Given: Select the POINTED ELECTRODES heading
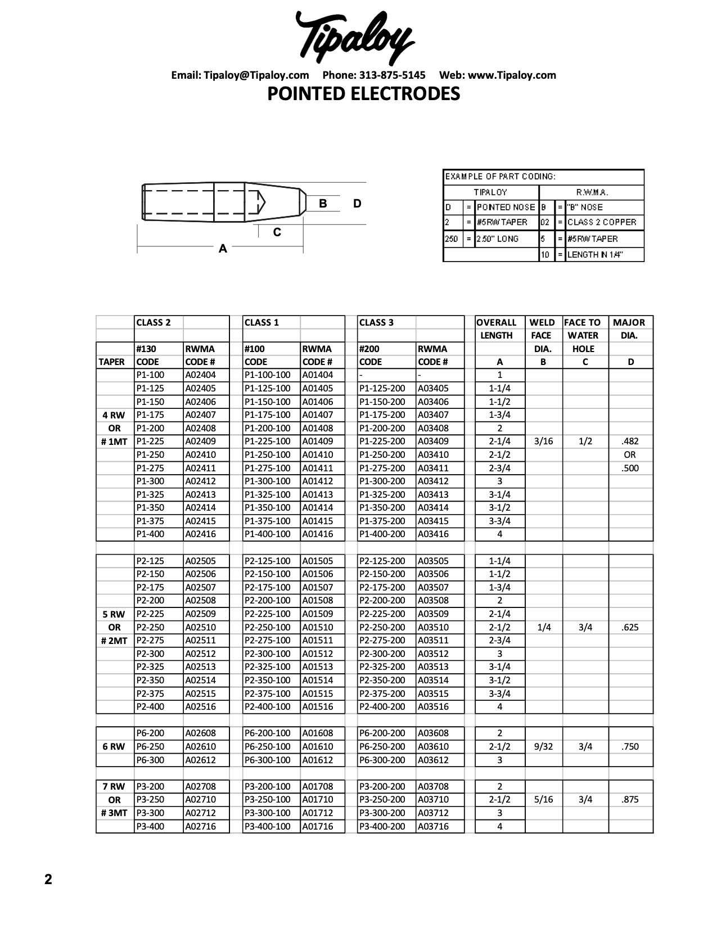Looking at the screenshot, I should (363, 93).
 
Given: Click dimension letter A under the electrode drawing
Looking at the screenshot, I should (223, 249).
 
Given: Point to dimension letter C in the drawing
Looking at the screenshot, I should (277, 232).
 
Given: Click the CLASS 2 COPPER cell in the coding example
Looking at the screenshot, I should (602, 222).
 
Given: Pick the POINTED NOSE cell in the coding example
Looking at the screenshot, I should (505, 207).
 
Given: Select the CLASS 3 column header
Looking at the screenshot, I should (376, 322).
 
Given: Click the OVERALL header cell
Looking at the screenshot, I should (496, 322).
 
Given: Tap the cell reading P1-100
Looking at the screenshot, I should (150, 375).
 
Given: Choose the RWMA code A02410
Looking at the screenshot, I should (200, 454).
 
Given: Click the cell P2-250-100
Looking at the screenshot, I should (268, 627).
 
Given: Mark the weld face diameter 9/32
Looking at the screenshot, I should (544, 746).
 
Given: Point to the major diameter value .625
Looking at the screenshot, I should (630, 627).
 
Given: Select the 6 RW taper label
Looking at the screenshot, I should (114, 746).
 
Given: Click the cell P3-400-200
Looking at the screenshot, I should (382, 826).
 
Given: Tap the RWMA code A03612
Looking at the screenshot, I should (433, 760).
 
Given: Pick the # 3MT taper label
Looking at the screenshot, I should (114, 813).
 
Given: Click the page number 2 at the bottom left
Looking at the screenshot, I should (48, 879).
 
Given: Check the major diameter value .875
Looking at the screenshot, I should (630, 799).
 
